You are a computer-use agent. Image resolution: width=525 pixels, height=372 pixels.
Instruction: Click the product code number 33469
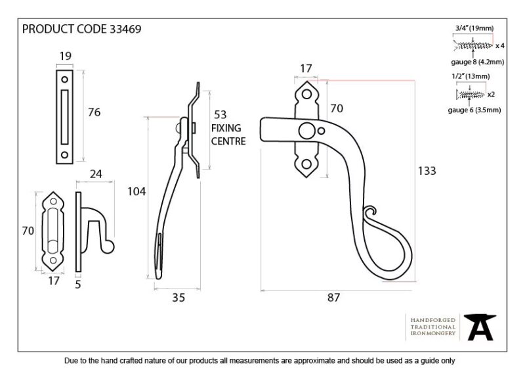point(125,29)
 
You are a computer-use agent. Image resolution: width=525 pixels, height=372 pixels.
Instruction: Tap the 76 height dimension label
point(94,112)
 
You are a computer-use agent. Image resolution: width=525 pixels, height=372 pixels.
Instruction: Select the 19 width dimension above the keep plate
point(65,56)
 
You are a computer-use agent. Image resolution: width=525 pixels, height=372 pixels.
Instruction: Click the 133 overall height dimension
point(427,171)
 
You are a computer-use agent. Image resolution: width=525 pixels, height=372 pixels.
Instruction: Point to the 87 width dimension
point(333,297)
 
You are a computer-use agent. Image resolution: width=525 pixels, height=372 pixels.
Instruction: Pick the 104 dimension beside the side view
point(136,191)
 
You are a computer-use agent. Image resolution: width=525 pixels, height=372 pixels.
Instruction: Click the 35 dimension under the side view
point(178,298)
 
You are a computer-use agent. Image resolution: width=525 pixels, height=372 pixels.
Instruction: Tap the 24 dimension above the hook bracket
point(96,174)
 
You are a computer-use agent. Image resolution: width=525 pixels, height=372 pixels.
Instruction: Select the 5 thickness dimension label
point(78,285)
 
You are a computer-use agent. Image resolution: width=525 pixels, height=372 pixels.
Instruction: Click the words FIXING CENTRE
point(228,135)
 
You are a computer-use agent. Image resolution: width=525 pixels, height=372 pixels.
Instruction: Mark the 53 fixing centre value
point(220,115)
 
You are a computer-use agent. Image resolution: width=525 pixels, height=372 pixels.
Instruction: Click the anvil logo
point(480,327)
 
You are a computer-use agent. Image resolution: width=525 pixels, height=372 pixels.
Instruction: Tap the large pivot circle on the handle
point(306,131)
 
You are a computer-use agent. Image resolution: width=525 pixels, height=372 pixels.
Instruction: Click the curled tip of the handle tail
point(369,211)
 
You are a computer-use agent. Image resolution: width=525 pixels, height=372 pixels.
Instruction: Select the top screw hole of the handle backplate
point(306,94)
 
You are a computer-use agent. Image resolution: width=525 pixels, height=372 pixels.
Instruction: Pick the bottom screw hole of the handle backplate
point(306,164)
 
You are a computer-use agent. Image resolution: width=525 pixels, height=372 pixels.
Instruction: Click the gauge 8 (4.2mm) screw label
point(478,62)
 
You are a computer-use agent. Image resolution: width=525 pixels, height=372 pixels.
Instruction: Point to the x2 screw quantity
point(491,95)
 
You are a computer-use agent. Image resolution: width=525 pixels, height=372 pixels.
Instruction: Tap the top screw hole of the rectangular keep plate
point(64,80)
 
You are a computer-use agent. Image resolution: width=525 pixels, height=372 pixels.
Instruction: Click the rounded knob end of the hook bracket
point(109,247)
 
